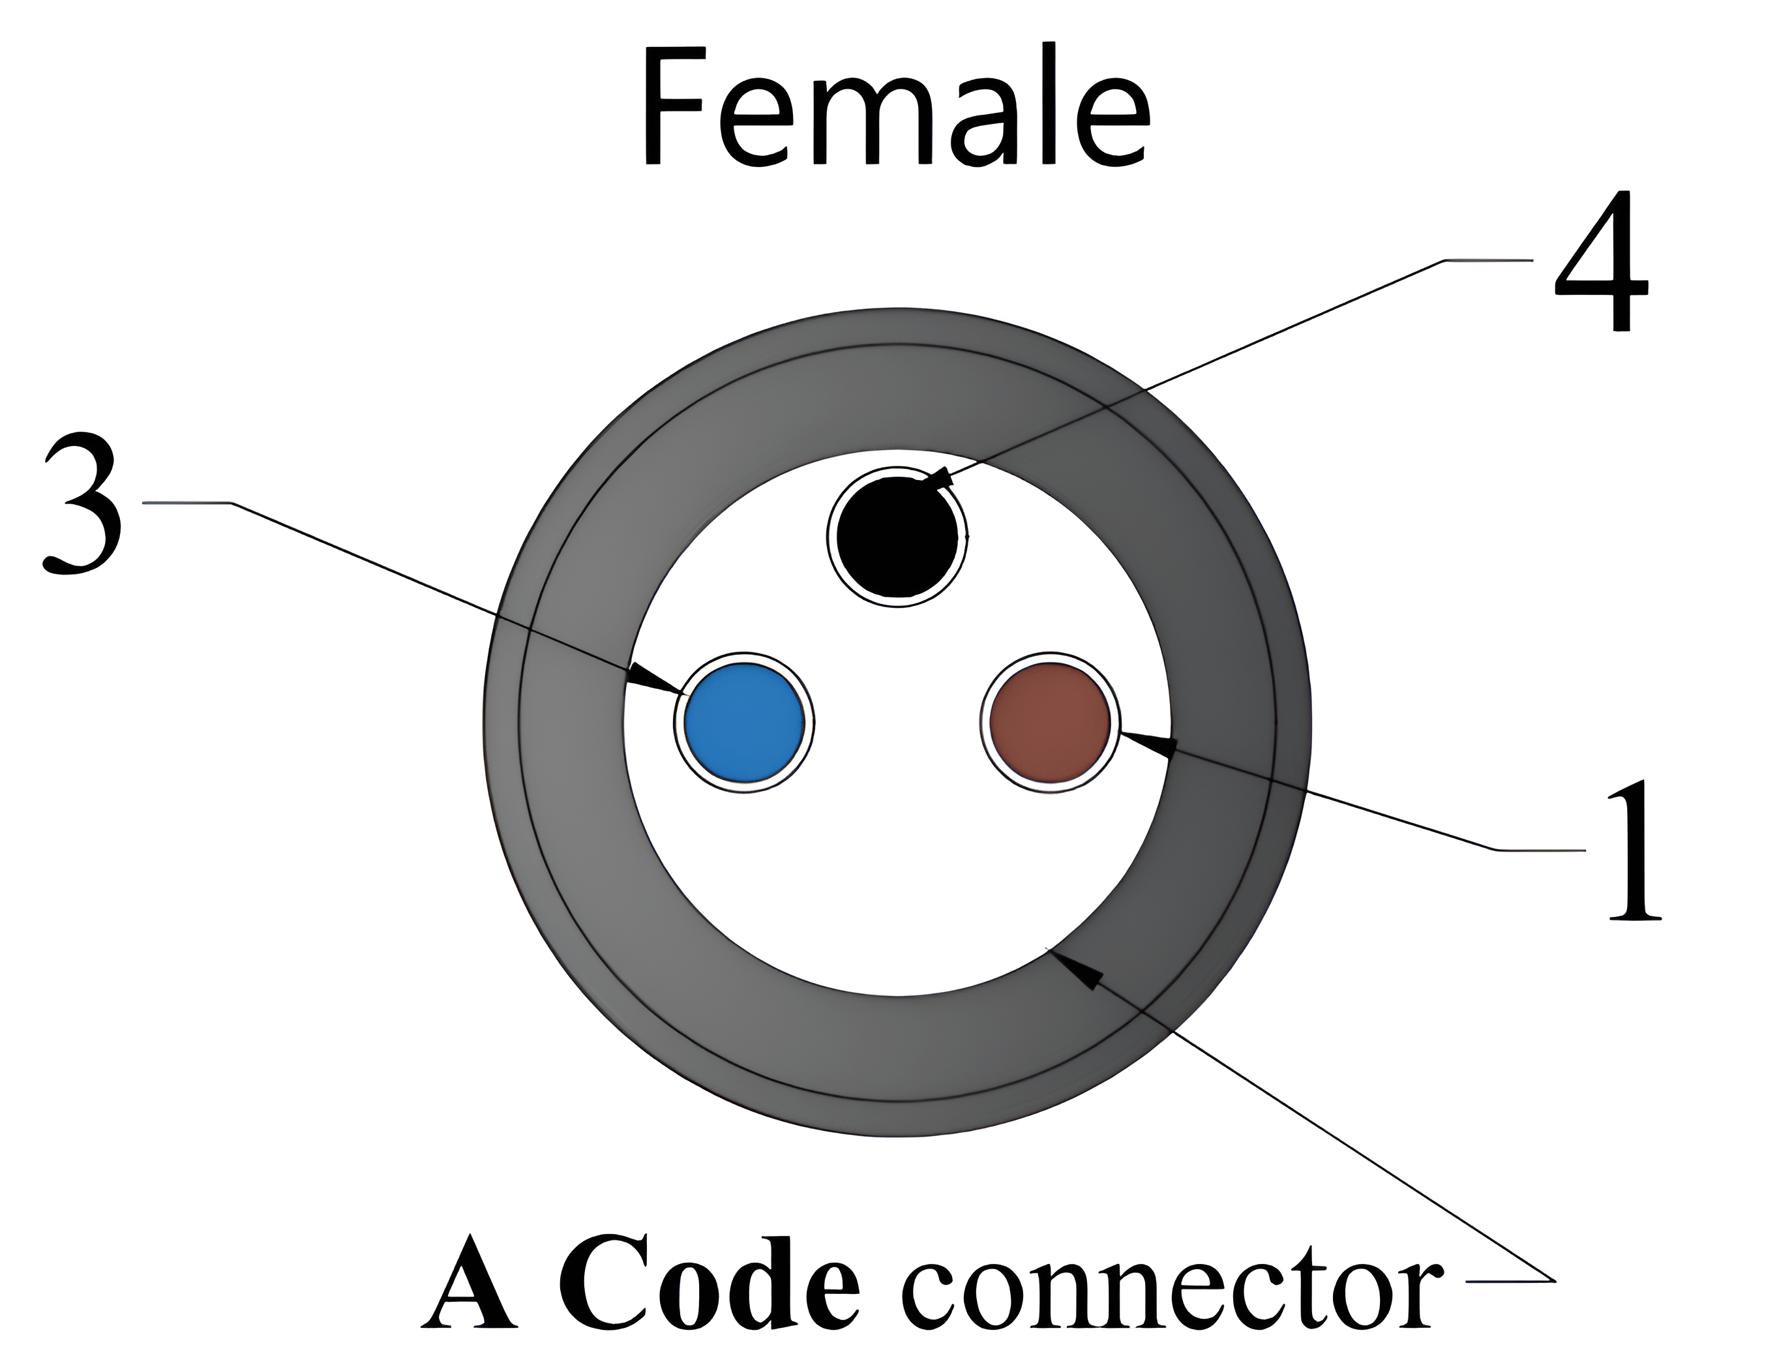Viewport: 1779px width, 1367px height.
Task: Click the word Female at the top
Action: [895, 106]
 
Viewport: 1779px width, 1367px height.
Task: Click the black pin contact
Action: [897, 537]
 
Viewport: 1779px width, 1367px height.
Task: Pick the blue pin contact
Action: [743, 723]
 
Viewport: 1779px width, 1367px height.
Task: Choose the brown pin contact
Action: [1049, 723]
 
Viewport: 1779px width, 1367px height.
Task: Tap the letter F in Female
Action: [671, 106]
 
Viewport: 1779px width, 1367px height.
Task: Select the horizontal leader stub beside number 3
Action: [187, 503]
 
